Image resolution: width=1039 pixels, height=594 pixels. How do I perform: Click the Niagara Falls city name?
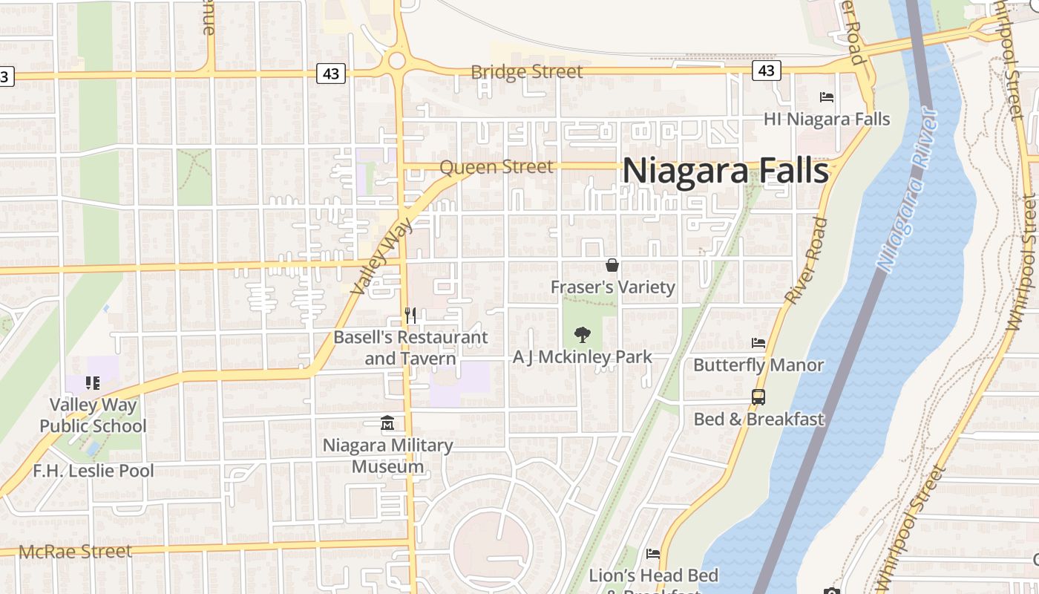(x=725, y=171)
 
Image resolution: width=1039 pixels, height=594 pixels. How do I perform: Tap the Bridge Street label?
(x=527, y=72)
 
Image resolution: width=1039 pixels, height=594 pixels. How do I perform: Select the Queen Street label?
(x=496, y=167)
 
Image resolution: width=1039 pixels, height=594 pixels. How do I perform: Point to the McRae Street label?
(x=75, y=552)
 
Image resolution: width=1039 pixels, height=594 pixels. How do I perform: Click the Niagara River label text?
(x=907, y=189)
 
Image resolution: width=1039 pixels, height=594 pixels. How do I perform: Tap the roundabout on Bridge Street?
(x=396, y=60)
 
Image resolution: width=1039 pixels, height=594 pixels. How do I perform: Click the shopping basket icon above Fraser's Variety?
(x=612, y=265)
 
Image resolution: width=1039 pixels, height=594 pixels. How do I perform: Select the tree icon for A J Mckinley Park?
(x=583, y=335)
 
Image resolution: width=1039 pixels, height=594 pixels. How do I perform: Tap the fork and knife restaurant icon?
(x=410, y=316)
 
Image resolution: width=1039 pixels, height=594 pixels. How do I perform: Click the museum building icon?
(x=387, y=424)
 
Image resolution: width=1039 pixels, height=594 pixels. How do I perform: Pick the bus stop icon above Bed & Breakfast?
(x=758, y=397)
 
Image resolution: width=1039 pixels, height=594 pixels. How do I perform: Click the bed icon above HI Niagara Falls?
(x=826, y=97)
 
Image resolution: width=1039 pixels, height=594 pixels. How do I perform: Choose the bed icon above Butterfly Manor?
(x=758, y=343)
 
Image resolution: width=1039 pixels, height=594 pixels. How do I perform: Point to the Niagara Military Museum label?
(x=387, y=456)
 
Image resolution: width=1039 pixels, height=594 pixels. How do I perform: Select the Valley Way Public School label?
(x=93, y=416)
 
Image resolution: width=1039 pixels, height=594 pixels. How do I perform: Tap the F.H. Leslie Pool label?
(x=94, y=471)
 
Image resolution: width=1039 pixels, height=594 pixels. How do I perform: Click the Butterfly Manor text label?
(x=758, y=365)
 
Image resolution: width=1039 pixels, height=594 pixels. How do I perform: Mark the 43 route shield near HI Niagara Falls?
(x=766, y=71)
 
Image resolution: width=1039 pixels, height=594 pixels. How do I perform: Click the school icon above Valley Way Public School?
(x=93, y=383)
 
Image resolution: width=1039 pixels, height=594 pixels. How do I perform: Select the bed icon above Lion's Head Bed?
(x=653, y=554)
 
